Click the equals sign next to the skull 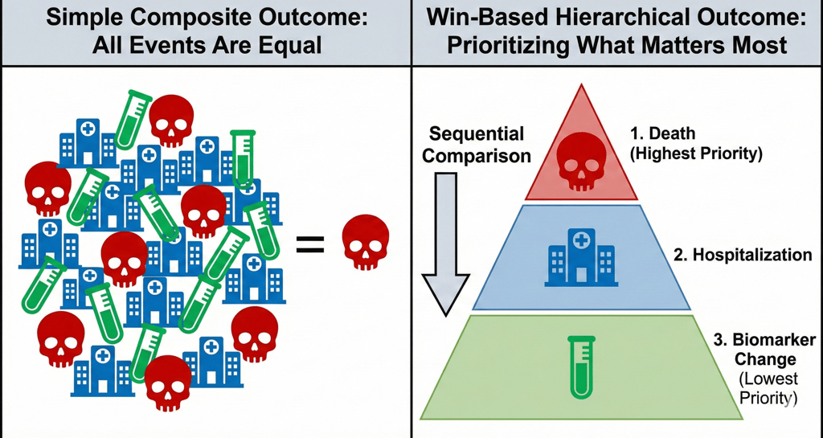[310, 244]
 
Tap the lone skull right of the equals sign [366, 242]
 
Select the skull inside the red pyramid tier [581, 161]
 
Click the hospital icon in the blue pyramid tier [580, 257]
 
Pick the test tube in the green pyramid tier [582, 367]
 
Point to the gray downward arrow [446, 244]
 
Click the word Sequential [477, 133]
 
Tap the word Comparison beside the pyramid [477, 156]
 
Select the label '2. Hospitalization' [743, 255]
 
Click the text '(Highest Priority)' [695, 155]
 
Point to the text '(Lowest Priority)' [768, 387]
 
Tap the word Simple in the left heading [82, 19]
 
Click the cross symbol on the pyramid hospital [580, 241]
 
